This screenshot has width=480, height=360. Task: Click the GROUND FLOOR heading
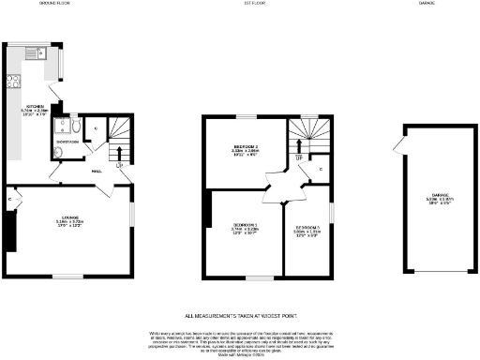pos(57,4)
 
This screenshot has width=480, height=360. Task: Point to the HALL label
pos(96,172)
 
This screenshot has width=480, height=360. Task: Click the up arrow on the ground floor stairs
pos(117,151)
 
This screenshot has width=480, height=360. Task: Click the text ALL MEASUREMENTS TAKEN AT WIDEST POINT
pos(240,317)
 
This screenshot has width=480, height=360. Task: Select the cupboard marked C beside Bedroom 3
pos(320,170)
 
